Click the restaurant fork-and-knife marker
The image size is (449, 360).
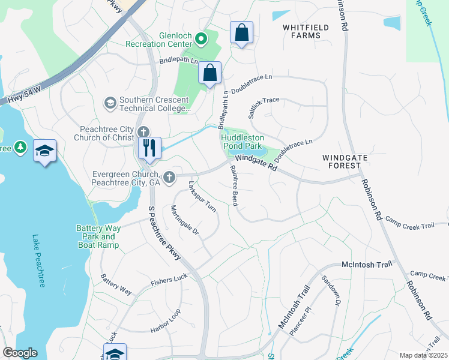tap(149, 148)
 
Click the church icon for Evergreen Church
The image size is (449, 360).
tap(169, 177)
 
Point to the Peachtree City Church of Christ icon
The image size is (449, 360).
tap(143, 132)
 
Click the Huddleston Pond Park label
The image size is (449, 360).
tap(242, 141)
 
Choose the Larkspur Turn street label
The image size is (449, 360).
tap(202, 197)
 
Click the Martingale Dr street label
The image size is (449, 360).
tap(184, 221)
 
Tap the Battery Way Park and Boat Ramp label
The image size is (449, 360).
tap(97, 236)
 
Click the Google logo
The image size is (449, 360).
tap(19, 353)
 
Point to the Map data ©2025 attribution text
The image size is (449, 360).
tap(423, 355)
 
